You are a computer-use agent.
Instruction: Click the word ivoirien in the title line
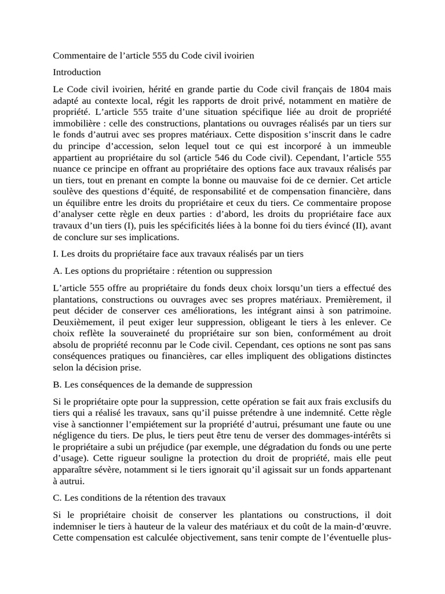coord(238,56)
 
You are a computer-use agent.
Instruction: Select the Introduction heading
coord(77,72)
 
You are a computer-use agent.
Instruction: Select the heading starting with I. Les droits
coord(178,253)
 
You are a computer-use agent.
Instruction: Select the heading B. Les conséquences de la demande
coord(152,384)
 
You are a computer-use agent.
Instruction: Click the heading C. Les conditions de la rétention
coord(140,497)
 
